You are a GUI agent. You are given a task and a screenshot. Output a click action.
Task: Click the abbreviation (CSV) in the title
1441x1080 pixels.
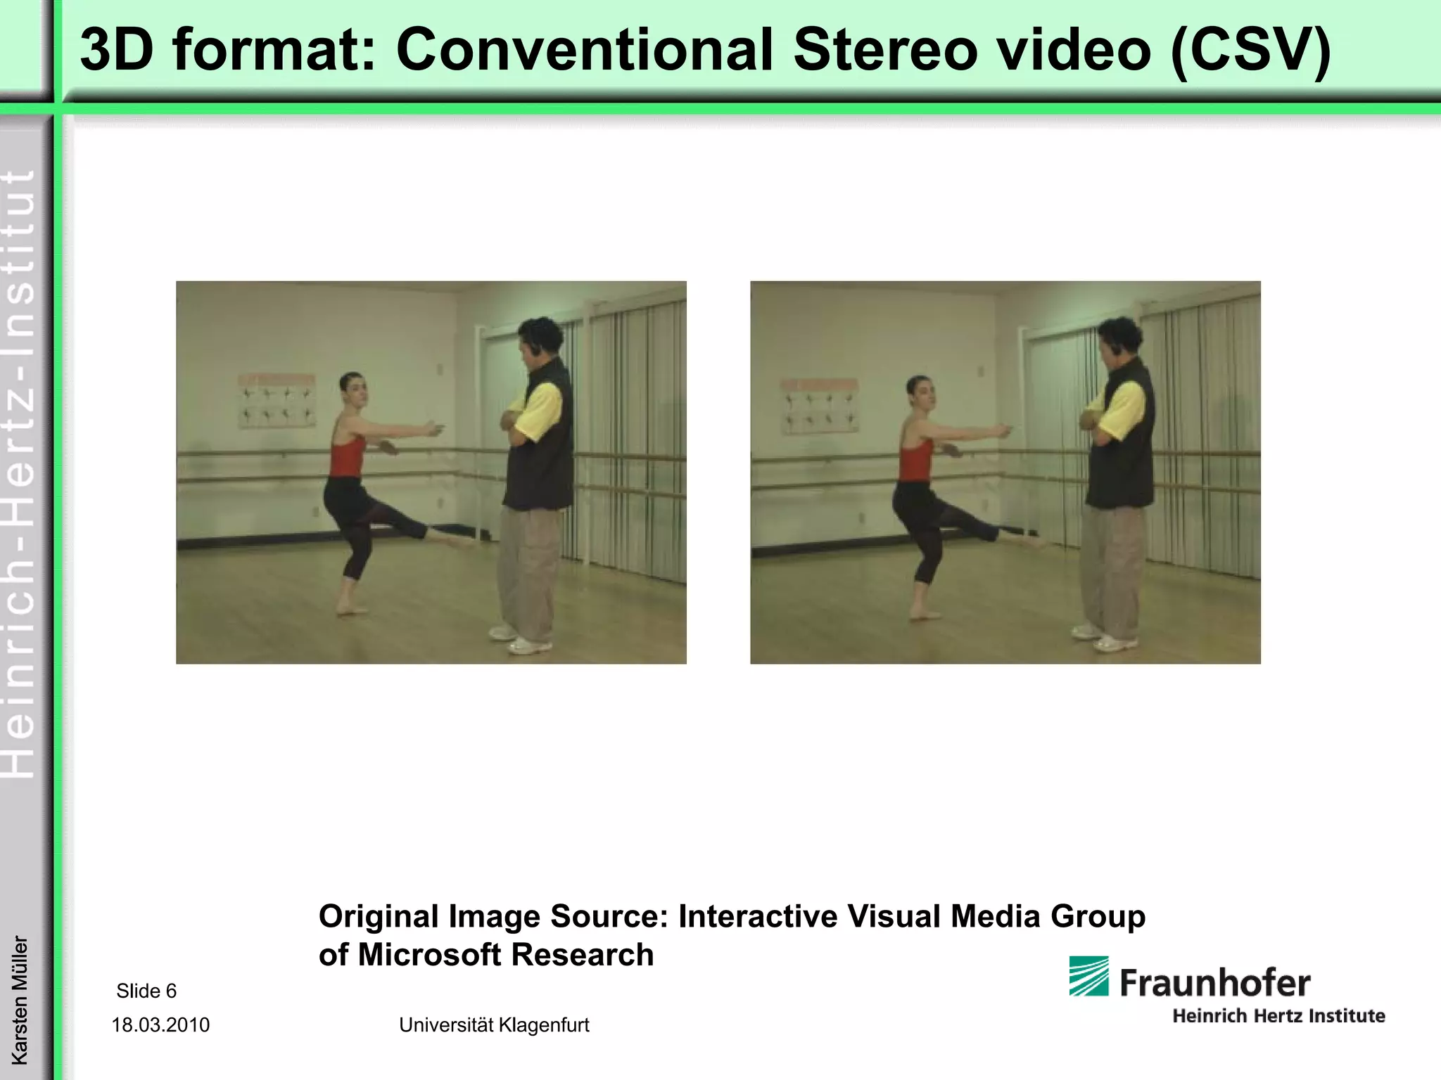tap(1250, 51)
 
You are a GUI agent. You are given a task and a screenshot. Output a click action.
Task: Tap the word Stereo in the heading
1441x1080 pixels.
tap(884, 51)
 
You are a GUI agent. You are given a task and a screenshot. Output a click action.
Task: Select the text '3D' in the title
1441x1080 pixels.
tap(116, 51)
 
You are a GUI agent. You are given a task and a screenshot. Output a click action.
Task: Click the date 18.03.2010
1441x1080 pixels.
tap(160, 1025)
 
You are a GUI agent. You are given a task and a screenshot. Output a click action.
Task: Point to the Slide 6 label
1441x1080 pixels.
tap(146, 991)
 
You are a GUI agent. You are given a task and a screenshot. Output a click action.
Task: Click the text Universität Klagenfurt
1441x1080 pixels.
tap(494, 1025)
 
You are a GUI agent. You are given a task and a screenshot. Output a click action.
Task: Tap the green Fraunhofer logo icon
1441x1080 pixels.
tap(1088, 976)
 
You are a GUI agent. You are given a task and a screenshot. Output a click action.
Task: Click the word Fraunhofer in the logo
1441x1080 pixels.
tap(1214, 983)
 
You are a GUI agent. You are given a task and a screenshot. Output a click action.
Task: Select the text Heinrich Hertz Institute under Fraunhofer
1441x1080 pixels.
tap(1278, 1016)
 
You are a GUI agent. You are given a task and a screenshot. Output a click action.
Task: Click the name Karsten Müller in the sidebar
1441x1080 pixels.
tap(20, 1000)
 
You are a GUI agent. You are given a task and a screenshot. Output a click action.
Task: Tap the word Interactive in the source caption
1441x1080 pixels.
tap(758, 916)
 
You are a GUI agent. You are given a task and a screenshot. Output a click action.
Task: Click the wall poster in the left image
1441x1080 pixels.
tap(277, 401)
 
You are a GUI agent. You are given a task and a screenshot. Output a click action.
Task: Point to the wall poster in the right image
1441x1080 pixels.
tap(819, 406)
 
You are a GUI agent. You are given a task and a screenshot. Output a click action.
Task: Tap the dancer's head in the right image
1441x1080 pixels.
tap(920, 391)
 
